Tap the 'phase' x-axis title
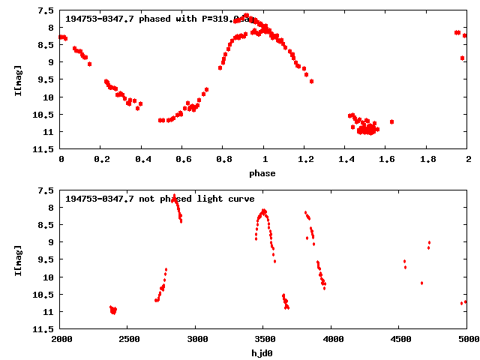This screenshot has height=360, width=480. (x=262, y=173)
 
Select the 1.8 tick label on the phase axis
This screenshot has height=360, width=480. (x=427, y=160)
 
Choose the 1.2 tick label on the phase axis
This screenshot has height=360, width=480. (x=305, y=160)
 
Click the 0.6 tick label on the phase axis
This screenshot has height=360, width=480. (x=183, y=160)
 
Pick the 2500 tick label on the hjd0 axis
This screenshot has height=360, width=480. (x=127, y=339)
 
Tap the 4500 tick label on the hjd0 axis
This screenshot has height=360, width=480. (x=399, y=339)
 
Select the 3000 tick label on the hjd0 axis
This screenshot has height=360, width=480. (x=196, y=339)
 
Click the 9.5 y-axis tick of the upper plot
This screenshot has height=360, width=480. (x=45, y=80)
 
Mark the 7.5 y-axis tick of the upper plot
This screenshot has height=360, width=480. (x=45, y=11)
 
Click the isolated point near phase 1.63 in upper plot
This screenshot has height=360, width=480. (x=391, y=121)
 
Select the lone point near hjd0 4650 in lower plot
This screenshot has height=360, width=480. (x=421, y=283)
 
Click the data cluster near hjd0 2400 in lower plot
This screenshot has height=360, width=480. (x=113, y=310)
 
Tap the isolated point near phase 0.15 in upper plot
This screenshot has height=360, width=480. (x=89, y=64)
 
